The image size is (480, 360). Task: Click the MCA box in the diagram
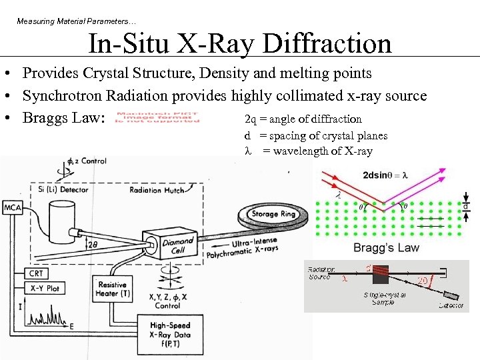point(13,208)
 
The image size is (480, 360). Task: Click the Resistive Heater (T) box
point(112,289)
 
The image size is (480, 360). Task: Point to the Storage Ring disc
point(273,214)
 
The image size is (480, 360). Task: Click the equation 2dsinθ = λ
point(385,175)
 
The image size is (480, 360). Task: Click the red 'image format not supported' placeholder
point(157,117)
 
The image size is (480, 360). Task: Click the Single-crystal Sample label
point(383,298)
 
